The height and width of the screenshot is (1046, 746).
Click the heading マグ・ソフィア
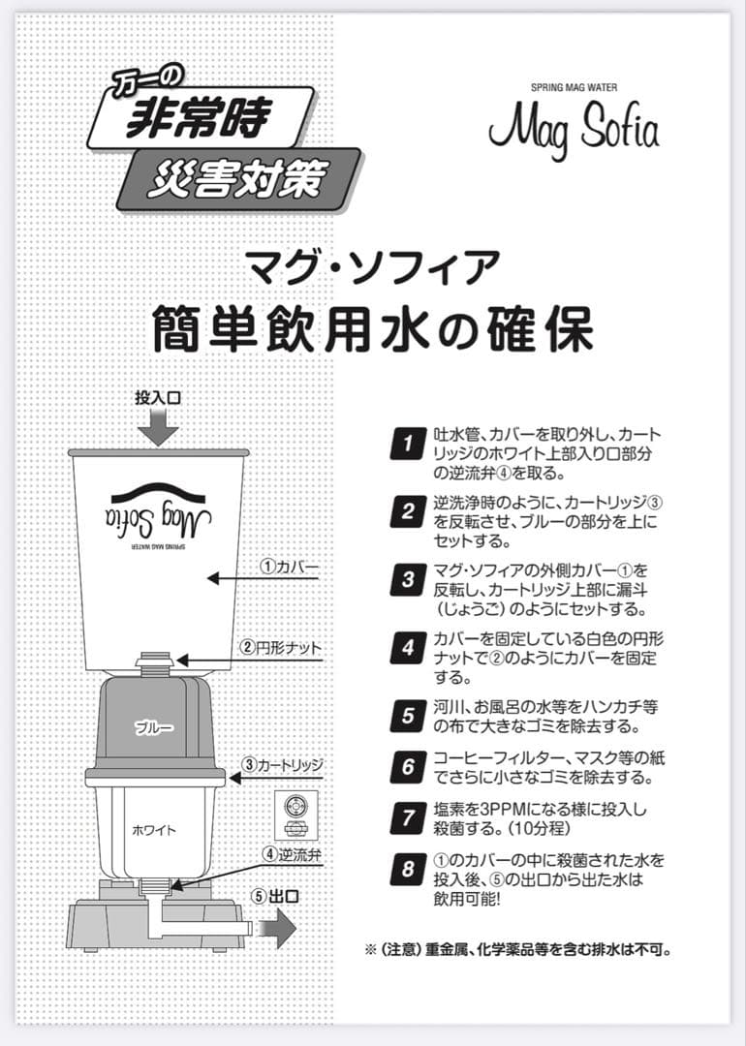[x=372, y=268]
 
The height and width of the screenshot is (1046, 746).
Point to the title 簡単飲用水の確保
[x=372, y=330]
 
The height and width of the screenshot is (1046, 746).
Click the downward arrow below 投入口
[x=158, y=426]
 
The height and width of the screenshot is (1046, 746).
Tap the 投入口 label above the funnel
[x=158, y=398]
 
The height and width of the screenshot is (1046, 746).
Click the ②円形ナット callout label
[x=281, y=647]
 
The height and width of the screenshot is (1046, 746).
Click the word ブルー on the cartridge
[x=154, y=726]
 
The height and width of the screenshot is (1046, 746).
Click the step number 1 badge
[x=408, y=445]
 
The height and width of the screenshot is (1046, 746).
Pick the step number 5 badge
[x=408, y=717]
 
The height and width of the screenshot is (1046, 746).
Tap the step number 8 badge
[x=408, y=868]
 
